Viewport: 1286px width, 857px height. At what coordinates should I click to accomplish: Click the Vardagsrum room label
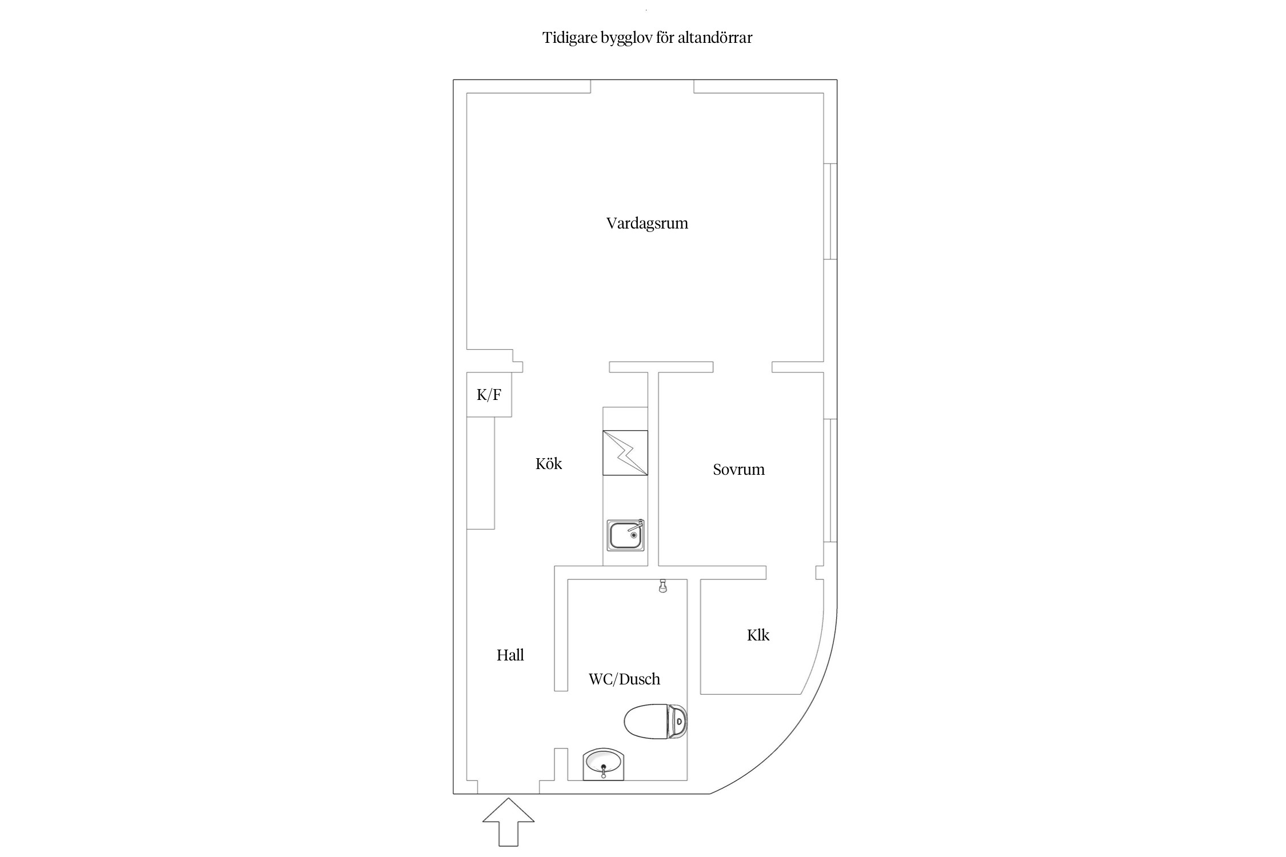point(647,223)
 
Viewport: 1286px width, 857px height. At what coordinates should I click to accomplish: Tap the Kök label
point(549,463)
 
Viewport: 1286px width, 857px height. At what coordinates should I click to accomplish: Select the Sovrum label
point(738,470)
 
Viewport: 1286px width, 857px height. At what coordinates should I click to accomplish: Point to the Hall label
point(510,655)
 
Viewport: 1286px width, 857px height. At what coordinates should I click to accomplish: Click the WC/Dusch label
point(624,679)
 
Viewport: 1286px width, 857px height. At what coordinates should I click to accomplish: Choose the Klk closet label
point(758,635)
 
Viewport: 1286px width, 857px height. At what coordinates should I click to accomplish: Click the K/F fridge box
point(489,394)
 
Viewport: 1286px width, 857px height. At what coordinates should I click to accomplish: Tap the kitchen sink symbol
point(625,535)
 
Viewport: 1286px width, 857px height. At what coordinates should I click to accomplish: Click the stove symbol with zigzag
point(625,452)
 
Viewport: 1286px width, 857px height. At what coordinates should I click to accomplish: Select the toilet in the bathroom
point(649,722)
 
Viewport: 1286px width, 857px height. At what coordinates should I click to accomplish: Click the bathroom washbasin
point(604,763)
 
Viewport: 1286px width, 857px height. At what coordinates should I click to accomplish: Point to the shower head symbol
point(663,586)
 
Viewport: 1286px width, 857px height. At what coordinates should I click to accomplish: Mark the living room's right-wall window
point(830,211)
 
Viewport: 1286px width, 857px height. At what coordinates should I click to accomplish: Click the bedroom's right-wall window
point(830,480)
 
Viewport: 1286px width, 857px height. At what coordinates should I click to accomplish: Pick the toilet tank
point(678,722)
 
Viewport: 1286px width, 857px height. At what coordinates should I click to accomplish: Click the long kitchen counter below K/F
point(481,472)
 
